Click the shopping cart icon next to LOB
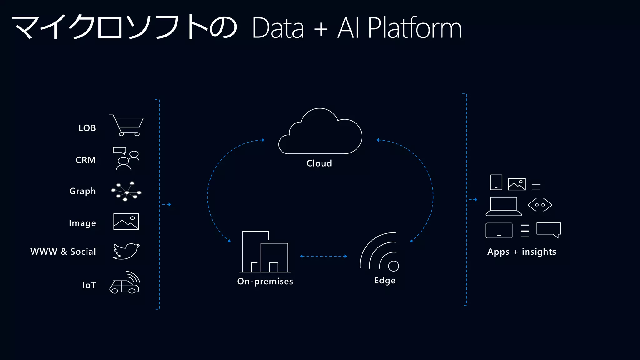(127, 126)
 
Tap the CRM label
(86, 160)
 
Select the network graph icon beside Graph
(126, 191)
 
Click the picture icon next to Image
(126, 222)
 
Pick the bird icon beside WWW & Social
(126, 251)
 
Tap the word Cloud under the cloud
(319, 163)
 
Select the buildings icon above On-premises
(265, 252)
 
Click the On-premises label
(265, 281)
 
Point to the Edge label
(385, 280)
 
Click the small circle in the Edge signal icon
(393, 266)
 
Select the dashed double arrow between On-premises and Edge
(323, 257)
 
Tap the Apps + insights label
(522, 252)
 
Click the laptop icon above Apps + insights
(503, 207)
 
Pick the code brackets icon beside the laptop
(540, 205)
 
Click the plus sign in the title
(321, 29)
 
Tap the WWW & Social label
(63, 252)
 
